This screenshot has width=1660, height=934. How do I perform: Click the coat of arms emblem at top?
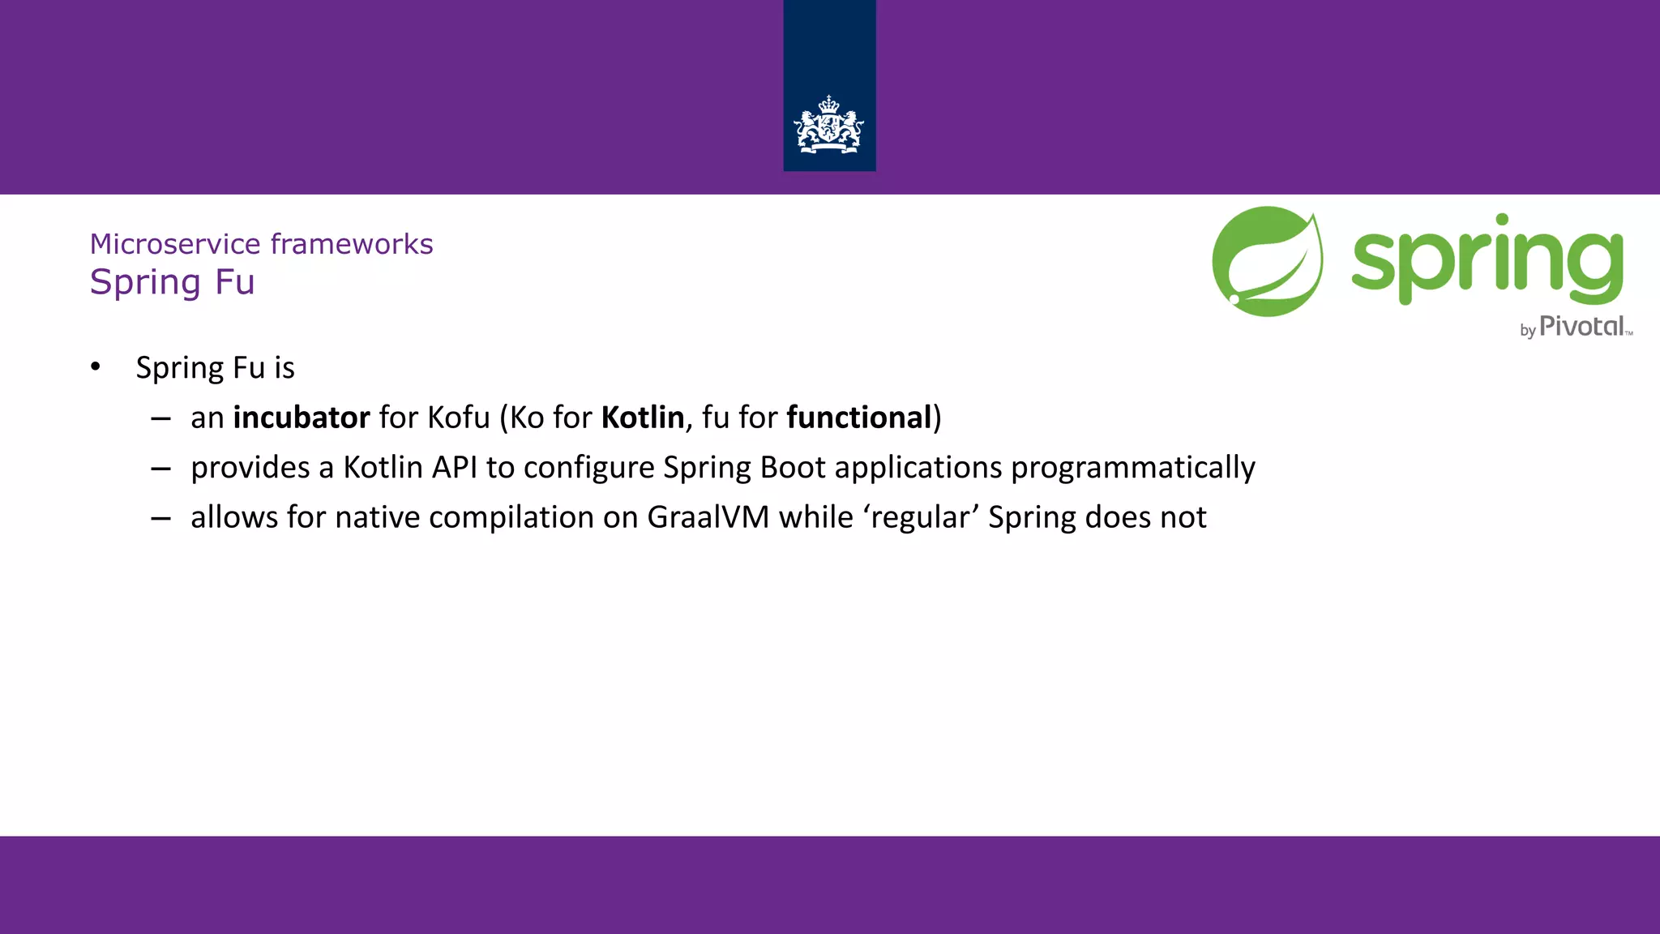click(x=828, y=126)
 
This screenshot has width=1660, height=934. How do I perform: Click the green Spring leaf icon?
click(x=1267, y=262)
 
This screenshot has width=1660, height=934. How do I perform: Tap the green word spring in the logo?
click(x=1487, y=259)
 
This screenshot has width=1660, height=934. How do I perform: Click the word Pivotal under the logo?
click(x=1581, y=326)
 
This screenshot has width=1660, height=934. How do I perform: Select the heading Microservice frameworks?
click(x=261, y=244)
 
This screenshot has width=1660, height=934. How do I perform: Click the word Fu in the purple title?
click(x=235, y=282)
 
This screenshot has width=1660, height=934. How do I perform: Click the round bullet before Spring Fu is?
click(x=96, y=367)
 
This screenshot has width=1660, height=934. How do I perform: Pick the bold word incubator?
click(x=302, y=418)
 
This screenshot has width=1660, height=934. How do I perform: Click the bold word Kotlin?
click(x=643, y=418)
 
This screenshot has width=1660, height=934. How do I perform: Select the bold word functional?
click(x=859, y=418)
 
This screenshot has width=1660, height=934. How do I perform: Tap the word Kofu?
click(x=459, y=418)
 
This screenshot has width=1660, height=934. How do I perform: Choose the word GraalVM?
click(x=708, y=517)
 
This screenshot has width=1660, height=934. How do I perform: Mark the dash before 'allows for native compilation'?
click(x=160, y=518)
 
